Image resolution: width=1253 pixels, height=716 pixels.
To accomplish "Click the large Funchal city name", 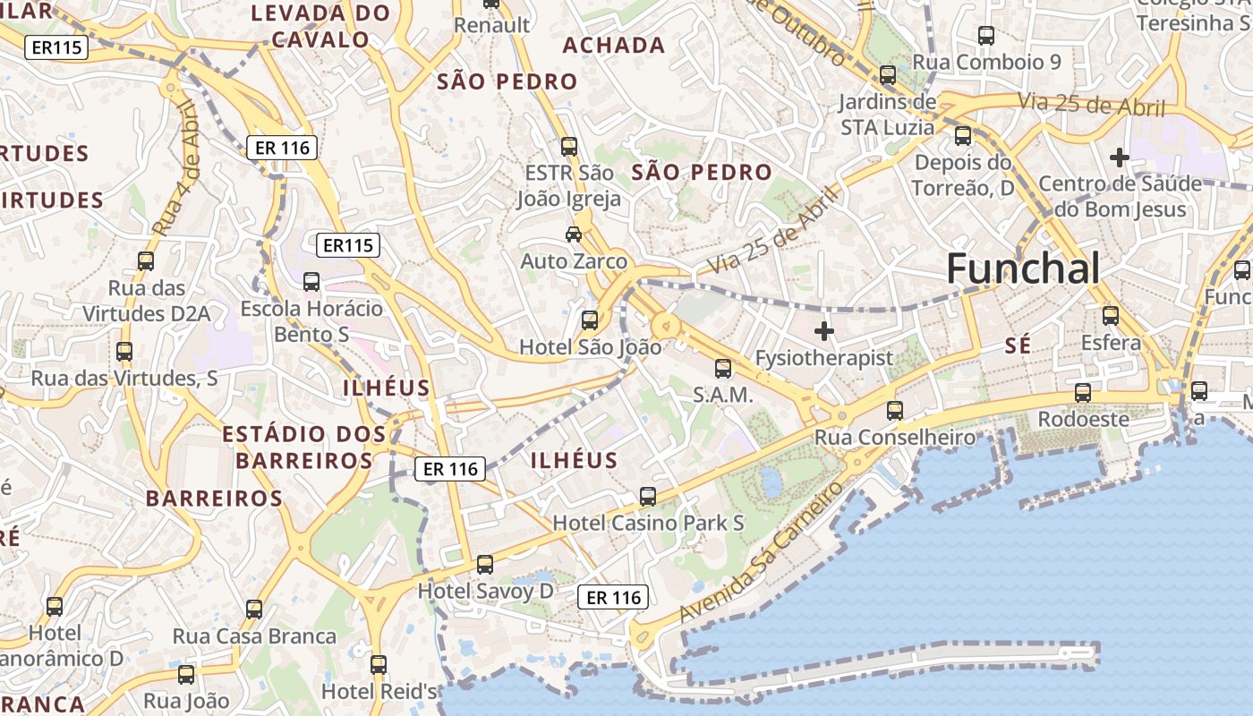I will click(x=1022, y=268).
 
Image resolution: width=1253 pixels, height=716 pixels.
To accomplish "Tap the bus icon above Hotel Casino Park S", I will click(x=648, y=496).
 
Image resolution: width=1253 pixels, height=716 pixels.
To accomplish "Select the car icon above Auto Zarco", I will click(x=574, y=234).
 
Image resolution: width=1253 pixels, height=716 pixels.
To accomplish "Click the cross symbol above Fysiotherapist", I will click(x=824, y=332).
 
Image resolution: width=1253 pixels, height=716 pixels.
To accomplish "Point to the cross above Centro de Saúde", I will click(x=1119, y=158).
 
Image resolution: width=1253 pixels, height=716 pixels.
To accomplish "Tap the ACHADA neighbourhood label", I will click(x=614, y=45).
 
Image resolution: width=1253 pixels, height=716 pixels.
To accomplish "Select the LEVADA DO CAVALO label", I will click(x=320, y=26).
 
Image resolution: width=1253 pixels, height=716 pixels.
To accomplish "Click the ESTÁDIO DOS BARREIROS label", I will click(x=304, y=447).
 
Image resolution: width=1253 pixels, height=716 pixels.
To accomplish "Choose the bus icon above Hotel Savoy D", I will click(x=485, y=565).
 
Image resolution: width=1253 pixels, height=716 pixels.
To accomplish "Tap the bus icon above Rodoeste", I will click(x=1083, y=393).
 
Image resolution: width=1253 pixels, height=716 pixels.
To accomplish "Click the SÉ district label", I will click(x=1018, y=345).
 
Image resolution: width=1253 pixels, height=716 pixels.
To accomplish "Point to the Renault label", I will click(x=491, y=25).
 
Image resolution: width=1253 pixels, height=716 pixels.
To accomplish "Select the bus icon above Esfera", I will click(x=1111, y=316).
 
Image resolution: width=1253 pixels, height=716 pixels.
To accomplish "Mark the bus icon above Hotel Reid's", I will click(x=379, y=665).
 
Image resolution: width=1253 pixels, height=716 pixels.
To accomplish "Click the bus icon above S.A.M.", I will click(x=723, y=368).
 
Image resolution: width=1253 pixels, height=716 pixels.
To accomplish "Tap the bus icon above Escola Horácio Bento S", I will click(x=311, y=282).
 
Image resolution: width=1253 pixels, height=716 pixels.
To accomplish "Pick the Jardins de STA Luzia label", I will click(x=887, y=115).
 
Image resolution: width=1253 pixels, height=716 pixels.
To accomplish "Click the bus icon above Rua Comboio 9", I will click(x=986, y=36).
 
